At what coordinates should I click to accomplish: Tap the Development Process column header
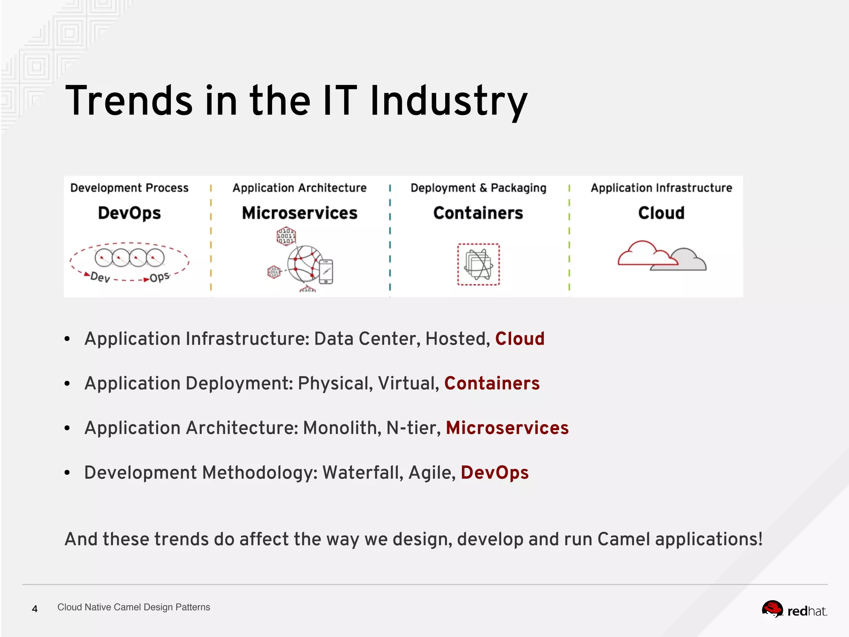pos(129,188)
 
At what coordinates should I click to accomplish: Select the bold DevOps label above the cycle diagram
pos(129,213)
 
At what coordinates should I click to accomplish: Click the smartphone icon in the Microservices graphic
pos(326,272)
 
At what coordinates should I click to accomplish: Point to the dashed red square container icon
pos(478,265)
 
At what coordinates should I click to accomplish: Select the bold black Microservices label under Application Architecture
pos(299,213)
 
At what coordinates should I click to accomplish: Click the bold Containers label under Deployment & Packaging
pos(478,213)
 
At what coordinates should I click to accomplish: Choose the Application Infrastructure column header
pos(661,188)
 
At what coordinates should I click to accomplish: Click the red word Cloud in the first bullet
pos(520,339)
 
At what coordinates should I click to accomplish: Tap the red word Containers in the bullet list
pos(492,383)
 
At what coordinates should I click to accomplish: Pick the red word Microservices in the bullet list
pos(507,428)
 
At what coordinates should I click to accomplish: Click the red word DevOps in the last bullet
pos(495,473)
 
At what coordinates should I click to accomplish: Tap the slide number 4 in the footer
pos(35,609)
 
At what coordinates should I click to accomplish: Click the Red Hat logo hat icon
pos(772,609)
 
